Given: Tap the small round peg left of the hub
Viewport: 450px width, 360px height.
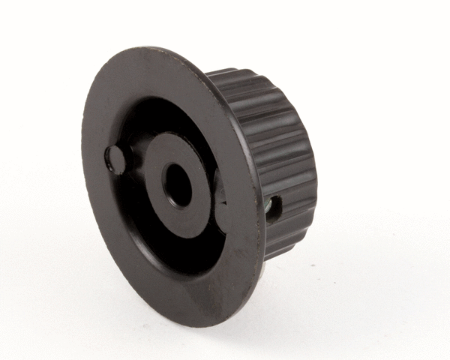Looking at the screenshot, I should click(115, 158).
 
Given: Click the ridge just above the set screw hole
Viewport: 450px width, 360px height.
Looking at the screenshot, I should click(289, 184).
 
